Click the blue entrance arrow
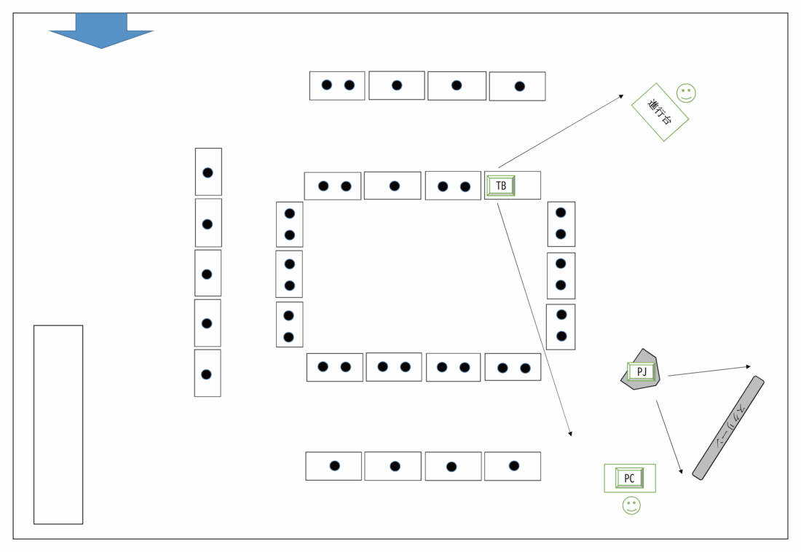(x=101, y=31)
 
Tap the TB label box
(x=501, y=186)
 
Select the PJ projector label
(x=641, y=371)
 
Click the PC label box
(x=629, y=478)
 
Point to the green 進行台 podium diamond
(x=660, y=112)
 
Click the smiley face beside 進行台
(x=686, y=93)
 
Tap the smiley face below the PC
(x=631, y=505)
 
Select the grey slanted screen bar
(x=728, y=427)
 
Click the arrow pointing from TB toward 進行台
(x=561, y=131)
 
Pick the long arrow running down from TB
(x=534, y=320)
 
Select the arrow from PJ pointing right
(x=709, y=371)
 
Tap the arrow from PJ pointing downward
(x=669, y=437)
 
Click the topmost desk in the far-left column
(x=208, y=172)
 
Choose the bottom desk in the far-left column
(x=208, y=373)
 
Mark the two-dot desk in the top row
(x=337, y=86)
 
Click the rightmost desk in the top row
(x=518, y=87)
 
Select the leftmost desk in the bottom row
(x=334, y=466)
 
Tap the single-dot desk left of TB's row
(x=392, y=186)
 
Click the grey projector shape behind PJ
(x=641, y=370)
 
